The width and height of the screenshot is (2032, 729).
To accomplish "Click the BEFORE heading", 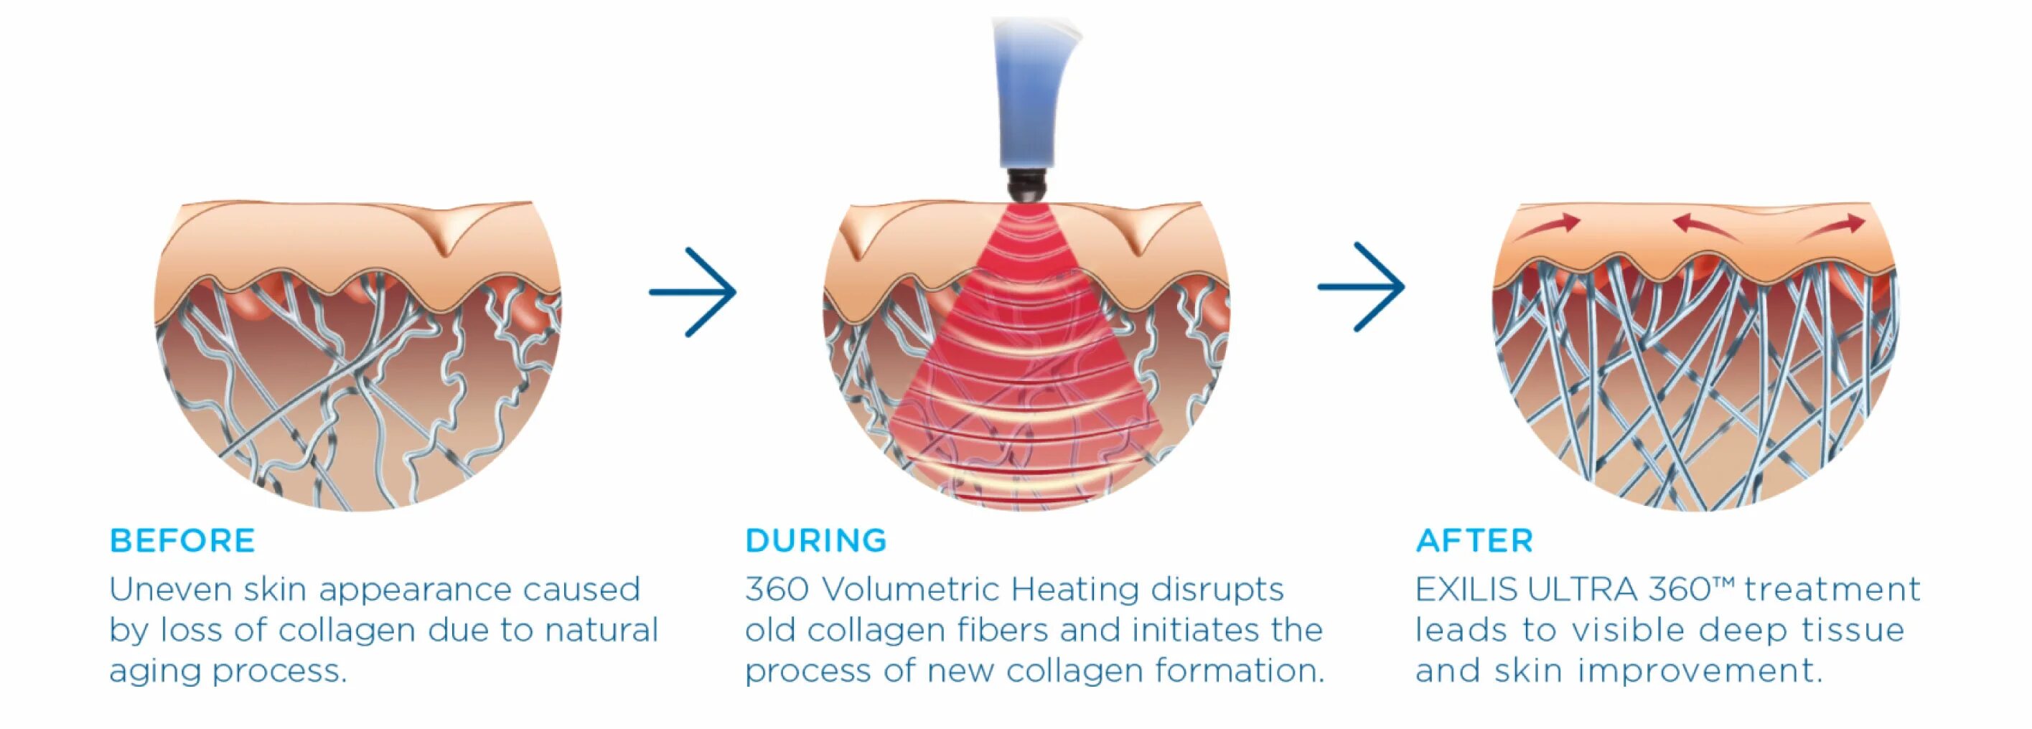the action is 182,541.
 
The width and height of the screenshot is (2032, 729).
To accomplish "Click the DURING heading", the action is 815,541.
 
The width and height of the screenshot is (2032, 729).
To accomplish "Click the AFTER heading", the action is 1474,541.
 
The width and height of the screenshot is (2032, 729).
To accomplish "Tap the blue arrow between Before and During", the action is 693,292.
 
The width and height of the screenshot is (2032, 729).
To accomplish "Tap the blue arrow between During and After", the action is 1362,286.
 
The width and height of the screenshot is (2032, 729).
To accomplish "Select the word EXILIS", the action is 1466,589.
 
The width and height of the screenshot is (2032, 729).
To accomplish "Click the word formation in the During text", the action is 1240,671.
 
